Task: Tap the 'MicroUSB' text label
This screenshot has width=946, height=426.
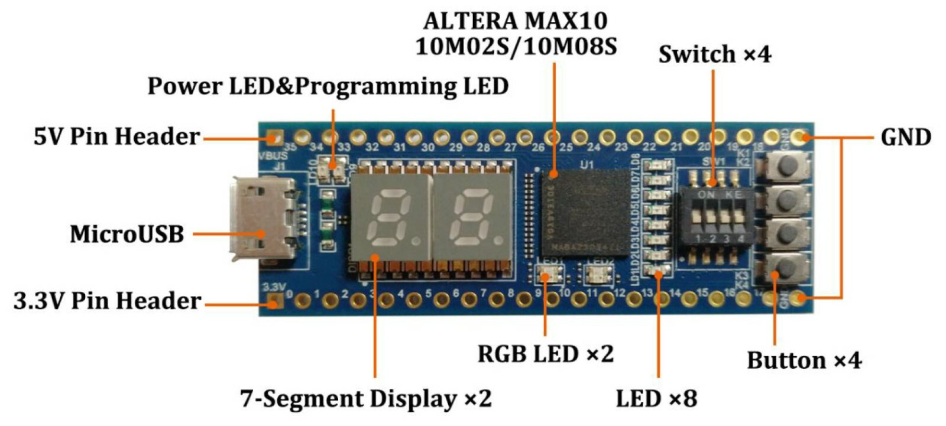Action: pos(127,234)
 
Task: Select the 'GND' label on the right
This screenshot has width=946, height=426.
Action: pos(905,137)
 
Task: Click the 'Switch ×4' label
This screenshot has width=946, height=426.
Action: pos(715,54)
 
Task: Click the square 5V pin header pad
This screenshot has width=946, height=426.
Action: pos(273,138)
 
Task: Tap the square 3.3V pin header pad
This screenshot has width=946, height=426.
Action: pos(273,302)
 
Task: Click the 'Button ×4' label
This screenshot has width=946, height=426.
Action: pos(804,360)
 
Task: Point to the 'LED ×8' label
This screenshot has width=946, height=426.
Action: pos(656,398)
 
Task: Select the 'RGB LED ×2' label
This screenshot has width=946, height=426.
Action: pos(545,354)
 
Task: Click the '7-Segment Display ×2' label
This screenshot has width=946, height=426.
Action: pos(365,398)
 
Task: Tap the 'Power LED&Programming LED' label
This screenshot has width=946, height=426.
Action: pos(328,86)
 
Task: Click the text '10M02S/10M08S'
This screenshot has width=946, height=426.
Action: pos(516,46)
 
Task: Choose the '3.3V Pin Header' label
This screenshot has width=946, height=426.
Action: pos(108,301)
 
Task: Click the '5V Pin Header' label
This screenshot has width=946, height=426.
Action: pos(116,136)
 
